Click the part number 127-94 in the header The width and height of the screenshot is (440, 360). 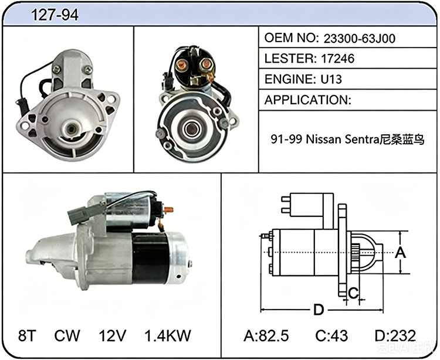click(55, 15)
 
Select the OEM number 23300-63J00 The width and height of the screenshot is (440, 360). click(360, 39)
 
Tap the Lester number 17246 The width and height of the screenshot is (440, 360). click(337, 59)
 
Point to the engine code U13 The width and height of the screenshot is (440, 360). click(331, 79)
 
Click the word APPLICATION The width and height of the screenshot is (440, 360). click(306, 100)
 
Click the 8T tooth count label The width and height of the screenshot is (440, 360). click(27, 335)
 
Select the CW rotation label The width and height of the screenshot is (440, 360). click(67, 335)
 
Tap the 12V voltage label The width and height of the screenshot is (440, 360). click(112, 335)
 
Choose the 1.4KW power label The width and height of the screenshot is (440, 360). click(168, 335)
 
